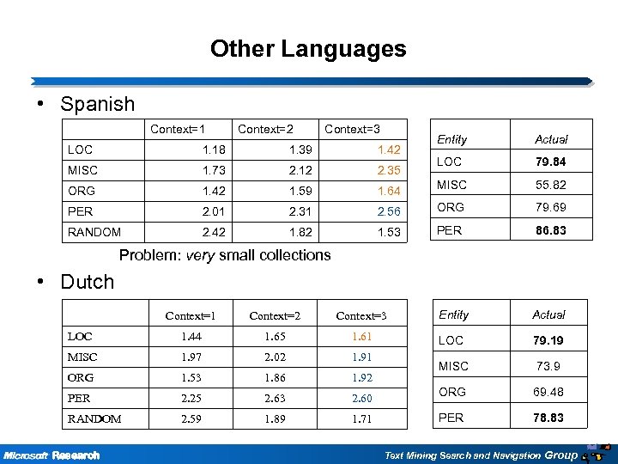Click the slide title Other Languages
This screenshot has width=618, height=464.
(308, 49)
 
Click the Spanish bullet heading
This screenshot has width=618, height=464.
(97, 104)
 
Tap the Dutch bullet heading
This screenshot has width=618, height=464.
(87, 282)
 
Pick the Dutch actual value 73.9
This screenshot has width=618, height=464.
(548, 366)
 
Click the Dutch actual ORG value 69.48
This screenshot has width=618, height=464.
(548, 393)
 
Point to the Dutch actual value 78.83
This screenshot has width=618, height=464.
(548, 418)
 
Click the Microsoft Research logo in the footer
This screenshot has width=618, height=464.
(51, 454)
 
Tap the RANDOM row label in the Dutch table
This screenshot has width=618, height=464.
(94, 418)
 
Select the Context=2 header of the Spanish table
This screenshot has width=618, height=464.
(265, 130)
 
